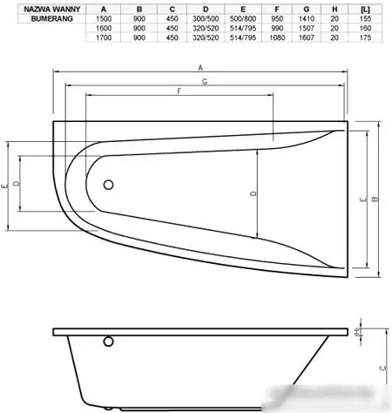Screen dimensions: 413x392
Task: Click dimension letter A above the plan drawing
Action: [x=201, y=67]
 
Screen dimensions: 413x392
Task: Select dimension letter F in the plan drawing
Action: [x=178, y=91]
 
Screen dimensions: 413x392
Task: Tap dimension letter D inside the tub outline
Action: [x=253, y=193]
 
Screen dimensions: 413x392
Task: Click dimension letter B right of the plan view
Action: [x=375, y=200]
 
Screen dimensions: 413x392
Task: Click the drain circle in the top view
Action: [x=108, y=185]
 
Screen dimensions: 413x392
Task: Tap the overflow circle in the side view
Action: [x=108, y=342]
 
